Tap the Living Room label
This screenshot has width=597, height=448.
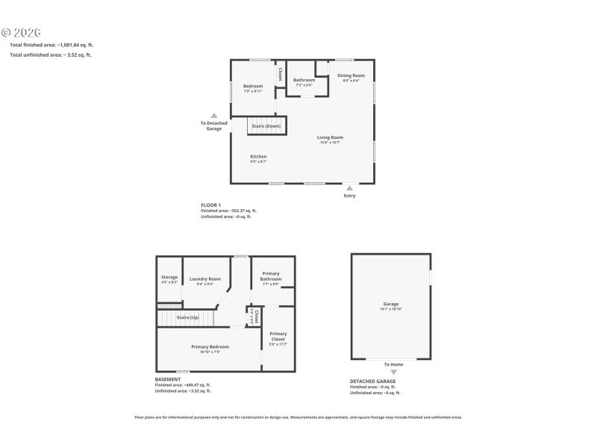point(330,137)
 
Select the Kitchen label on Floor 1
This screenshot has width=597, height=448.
point(258,157)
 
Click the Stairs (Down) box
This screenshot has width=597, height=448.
point(266,125)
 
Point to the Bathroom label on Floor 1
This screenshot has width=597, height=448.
point(304,81)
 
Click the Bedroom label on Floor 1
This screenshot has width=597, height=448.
point(253,87)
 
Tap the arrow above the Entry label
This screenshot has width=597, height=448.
point(349,188)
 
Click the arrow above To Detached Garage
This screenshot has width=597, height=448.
point(214,116)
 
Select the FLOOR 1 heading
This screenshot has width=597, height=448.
point(211,205)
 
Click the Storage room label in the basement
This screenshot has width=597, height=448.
point(169,278)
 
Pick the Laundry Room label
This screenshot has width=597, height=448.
point(205,279)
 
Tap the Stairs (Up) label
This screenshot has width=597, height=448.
point(187,318)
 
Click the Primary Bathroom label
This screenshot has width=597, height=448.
point(270,277)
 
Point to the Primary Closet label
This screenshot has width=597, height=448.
point(278,334)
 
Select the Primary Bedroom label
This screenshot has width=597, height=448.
point(210,346)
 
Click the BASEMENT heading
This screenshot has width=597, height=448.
point(168,379)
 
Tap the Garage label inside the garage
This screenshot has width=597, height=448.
point(391,304)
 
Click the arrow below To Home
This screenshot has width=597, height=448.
point(394,372)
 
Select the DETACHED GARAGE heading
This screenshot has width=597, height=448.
point(373,381)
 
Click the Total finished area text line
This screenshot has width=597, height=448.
point(51,45)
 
